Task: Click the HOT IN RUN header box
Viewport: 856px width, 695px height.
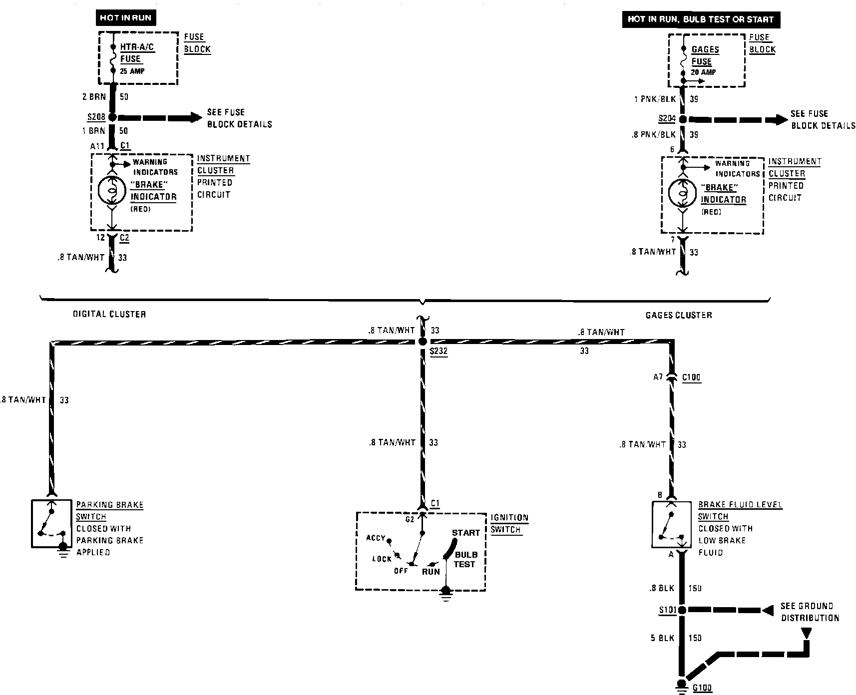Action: tap(125, 18)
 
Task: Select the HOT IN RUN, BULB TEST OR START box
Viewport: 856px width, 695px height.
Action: tap(700, 19)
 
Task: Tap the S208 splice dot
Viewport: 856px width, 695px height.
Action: tap(112, 118)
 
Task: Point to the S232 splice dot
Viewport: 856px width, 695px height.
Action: tap(423, 342)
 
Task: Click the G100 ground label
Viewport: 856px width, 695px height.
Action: tap(702, 688)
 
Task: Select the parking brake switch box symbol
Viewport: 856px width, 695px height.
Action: tap(50, 524)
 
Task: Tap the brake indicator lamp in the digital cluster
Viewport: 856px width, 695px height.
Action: tap(112, 190)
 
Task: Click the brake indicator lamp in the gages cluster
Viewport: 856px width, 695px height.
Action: tap(683, 192)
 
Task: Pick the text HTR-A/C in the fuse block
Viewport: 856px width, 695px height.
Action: tap(137, 47)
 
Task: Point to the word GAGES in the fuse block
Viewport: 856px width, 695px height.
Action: tap(705, 49)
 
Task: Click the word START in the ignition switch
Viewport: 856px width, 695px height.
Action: tap(465, 533)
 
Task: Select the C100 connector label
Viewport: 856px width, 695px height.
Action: tap(691, 377)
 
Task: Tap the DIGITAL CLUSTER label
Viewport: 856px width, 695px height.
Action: tap(109, 314)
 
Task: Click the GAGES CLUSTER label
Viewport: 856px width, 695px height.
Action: tap(679, 315)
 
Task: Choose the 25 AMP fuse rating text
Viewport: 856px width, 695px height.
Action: tap(132, 71)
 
